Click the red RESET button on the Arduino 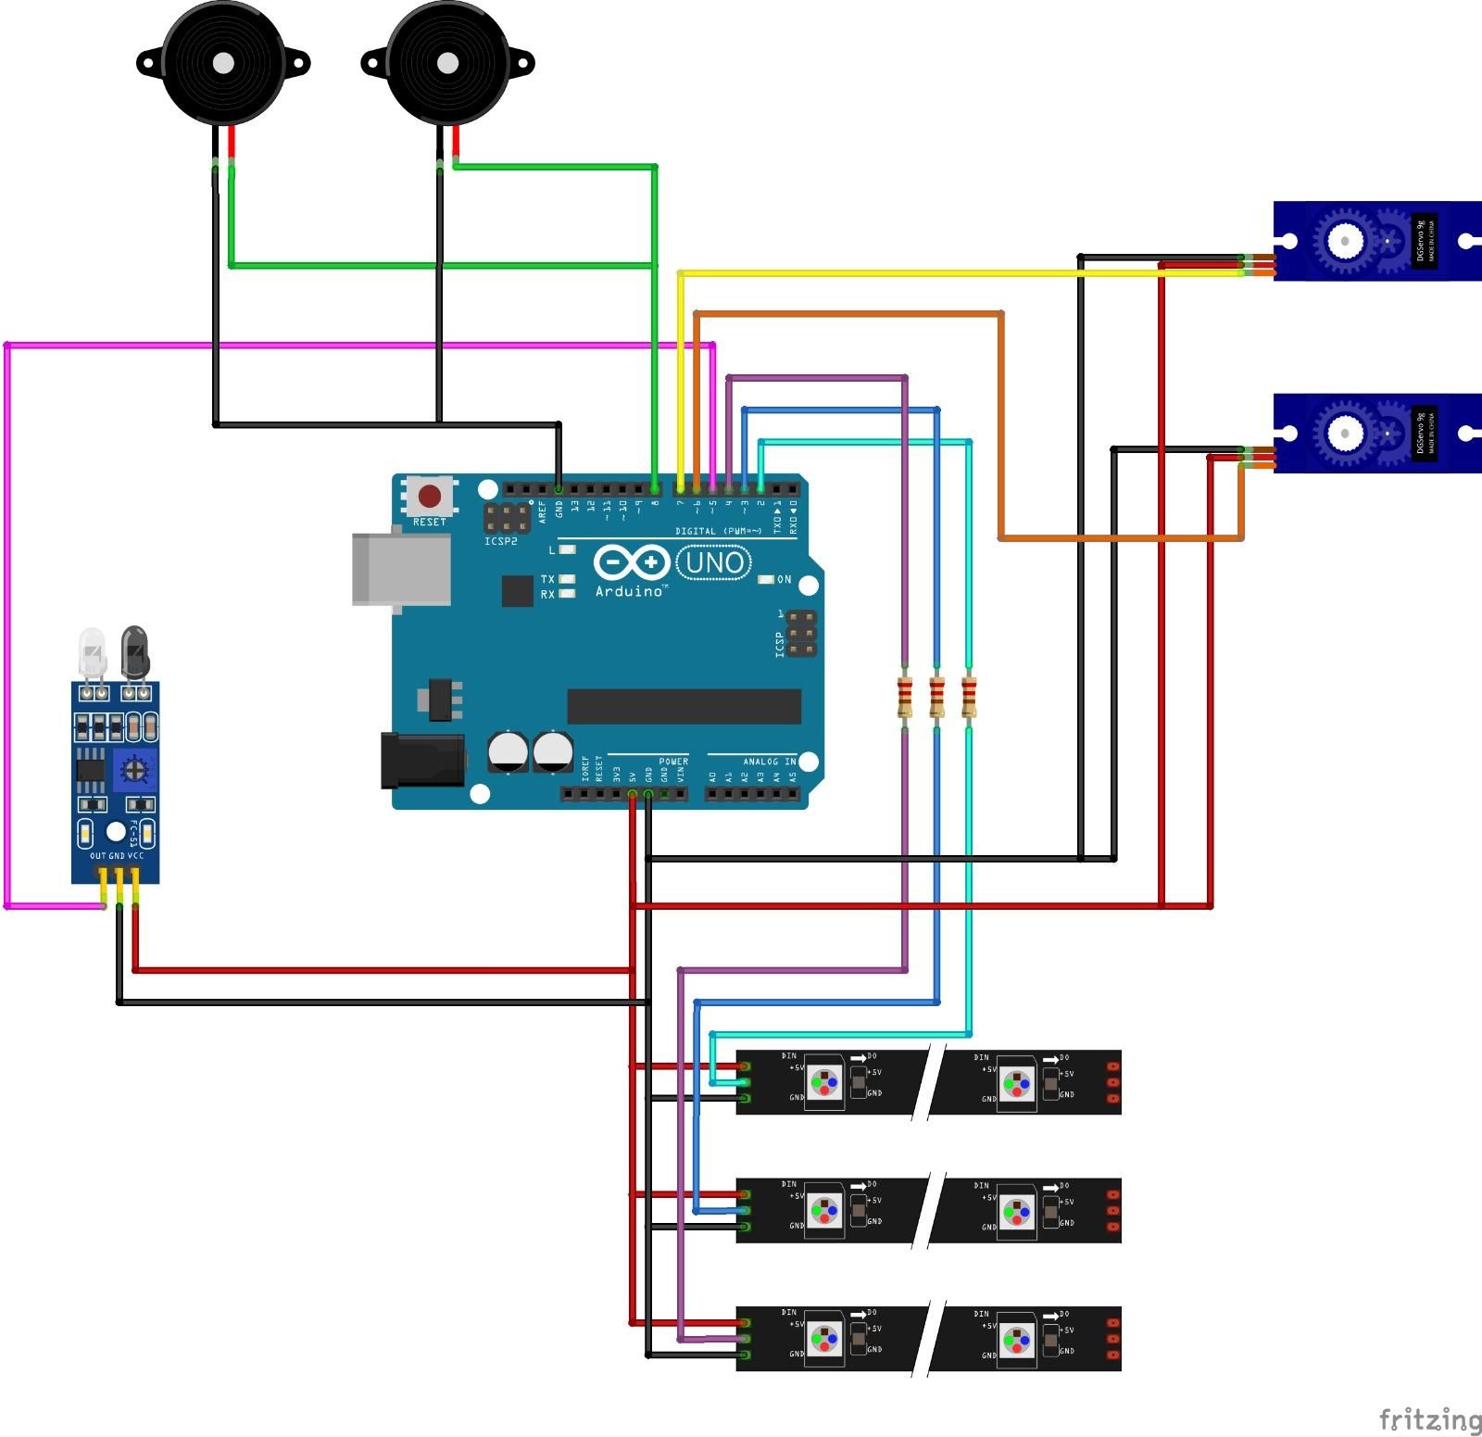click(x=429, y=497)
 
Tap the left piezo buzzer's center click(x=223, y=63)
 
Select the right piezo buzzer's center click(x=447, y=63)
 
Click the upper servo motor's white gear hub click(x=1344, y=241)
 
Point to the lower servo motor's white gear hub click(x=1344, y=433)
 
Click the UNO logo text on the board click(x=714, y=562)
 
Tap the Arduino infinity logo click(x=632, y=562)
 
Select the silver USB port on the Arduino click(x=400, y=570)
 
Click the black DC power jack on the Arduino click(x=422, y=761)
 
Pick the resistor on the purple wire click(x=905, y=697)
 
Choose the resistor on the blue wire click(x=937, y=697)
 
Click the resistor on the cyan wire click(x=969, y=697)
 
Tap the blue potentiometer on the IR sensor click(x=134, y=768)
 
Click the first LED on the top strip click(x=823, y=1081)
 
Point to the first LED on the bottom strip click(x=823, y=1338)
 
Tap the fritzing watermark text click(x=1429, y=1418)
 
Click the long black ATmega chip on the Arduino click(x=684, y=706)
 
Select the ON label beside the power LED click(x=784, y=580)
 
